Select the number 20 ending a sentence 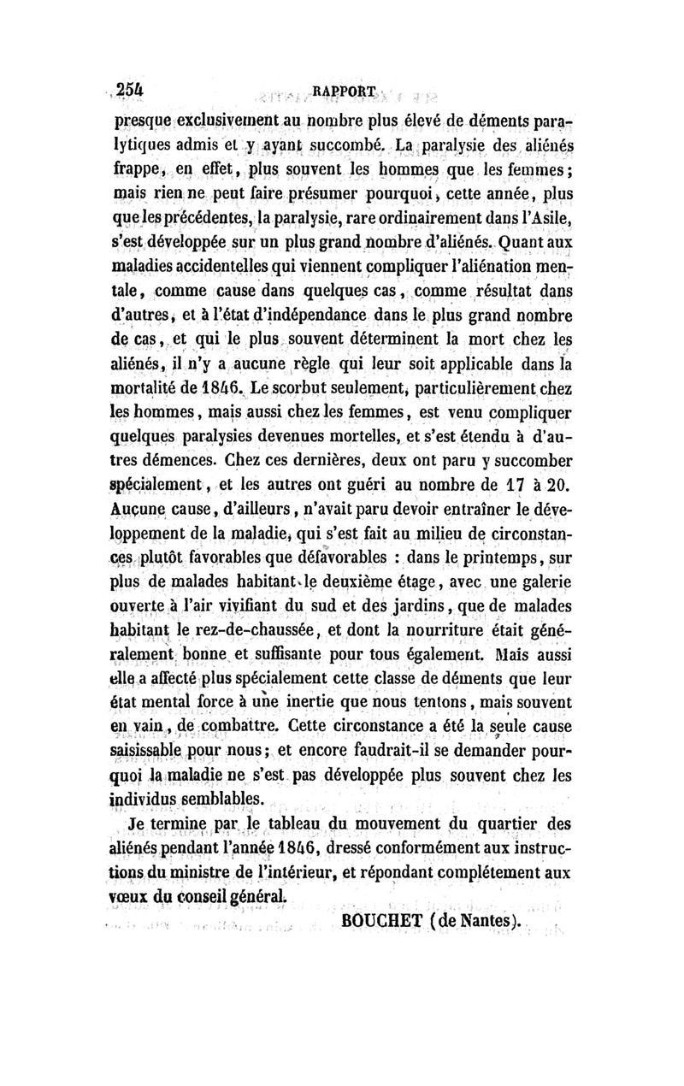tap(557, 485)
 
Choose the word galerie tap(536, 582)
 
